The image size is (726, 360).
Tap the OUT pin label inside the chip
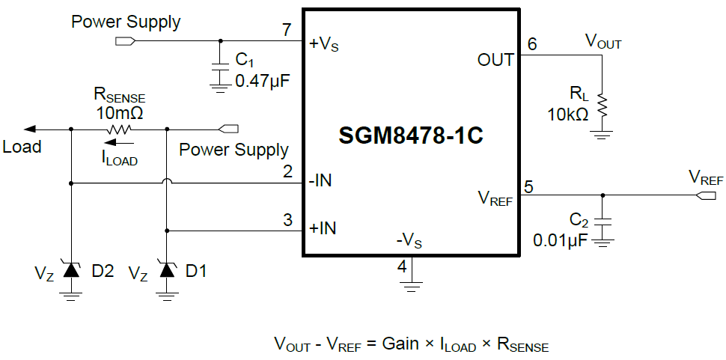495,60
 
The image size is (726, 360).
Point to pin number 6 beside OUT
531,43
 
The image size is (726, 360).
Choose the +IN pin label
323,228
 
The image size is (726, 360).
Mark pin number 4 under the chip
402,266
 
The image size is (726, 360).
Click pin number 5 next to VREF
528,186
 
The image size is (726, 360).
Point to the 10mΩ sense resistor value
119,113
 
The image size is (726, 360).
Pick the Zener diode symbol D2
71,270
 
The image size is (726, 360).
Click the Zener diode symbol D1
166,270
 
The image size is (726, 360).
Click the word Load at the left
22,147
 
